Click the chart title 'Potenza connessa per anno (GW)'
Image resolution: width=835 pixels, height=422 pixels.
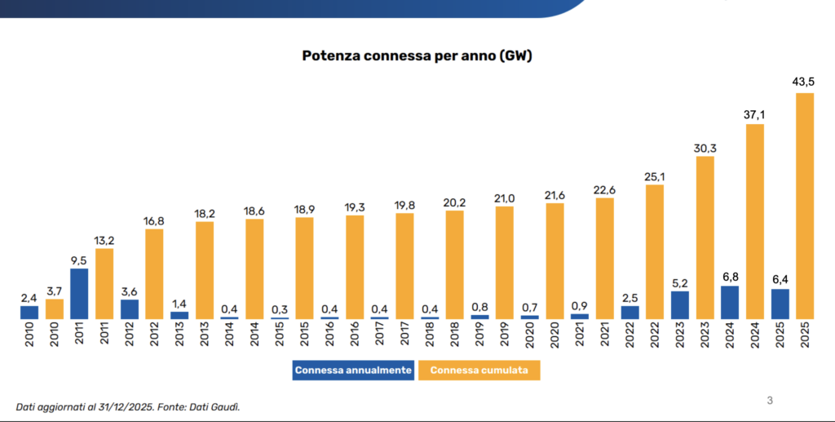[417, 56]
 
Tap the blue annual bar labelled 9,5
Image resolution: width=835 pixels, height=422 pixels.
[79, 293]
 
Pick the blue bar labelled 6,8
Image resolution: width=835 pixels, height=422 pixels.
[730, 302]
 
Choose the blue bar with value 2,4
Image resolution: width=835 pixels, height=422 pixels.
[29, 312]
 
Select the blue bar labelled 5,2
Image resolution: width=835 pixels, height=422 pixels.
[680, 304]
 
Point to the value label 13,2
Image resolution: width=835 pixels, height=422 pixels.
[104, 240]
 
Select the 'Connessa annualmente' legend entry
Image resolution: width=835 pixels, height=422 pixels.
[353, 371]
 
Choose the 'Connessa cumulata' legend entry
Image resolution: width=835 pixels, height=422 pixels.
[479, 371]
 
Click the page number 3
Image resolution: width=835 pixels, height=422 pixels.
[770, 400]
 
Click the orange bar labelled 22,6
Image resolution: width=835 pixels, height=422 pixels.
[605, 258]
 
